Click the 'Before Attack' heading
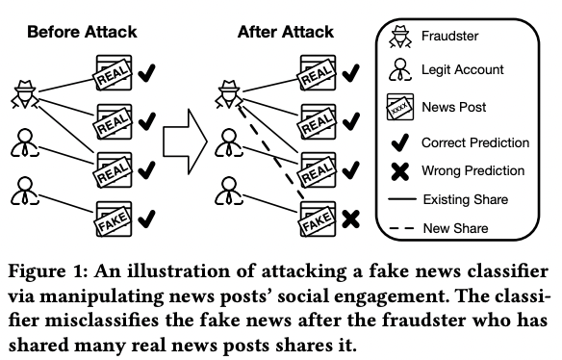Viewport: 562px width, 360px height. pyautogui.click(x=82, y=32)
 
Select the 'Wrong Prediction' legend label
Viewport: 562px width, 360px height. pyautogui.click(x=473, y=170)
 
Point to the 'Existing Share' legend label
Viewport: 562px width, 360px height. pyautogui.click(x=469, y=199)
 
